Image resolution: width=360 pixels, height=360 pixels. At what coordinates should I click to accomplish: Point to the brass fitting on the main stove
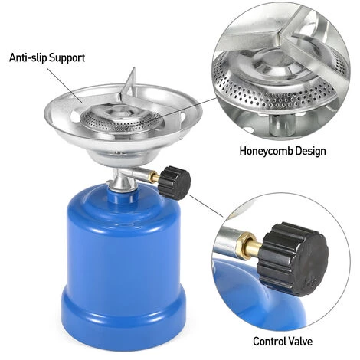[155, 178]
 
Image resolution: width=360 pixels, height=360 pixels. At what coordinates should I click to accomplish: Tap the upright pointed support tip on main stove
[132, 75]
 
